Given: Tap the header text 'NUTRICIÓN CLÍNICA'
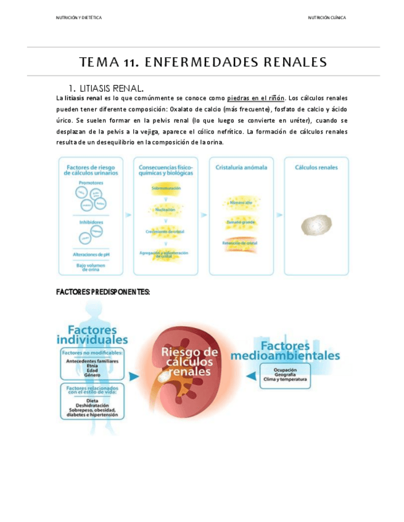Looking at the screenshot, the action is click(327, 18).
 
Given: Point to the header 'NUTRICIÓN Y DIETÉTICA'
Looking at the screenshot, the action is click(79, 18).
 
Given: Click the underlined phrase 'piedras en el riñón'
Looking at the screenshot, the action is click(256, 98).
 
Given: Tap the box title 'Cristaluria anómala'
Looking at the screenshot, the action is click(239, 167).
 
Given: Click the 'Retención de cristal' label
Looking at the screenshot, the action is click(239, 243).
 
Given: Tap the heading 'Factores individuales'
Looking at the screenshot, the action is click(93, 334).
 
